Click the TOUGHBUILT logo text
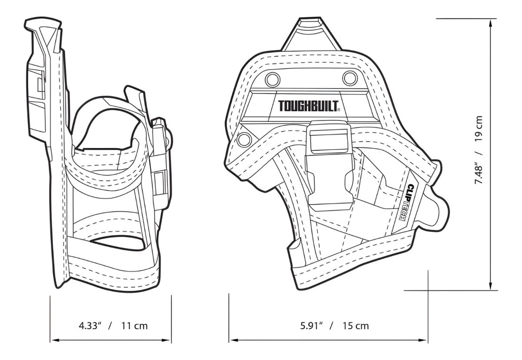pyautogui.click(x=308, y=106)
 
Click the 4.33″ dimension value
pyautogui.click(x=90, y=326)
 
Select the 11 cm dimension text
pyautogui.click(x=134, y=326)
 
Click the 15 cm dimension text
pyautogui.click(x=356, y=326)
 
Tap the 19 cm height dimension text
pyautogui.click(x=478, y=128)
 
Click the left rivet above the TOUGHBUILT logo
pyautogui.click(x=272, y=80)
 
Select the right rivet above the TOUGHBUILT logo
pyautogui.click(x=350, y=78)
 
